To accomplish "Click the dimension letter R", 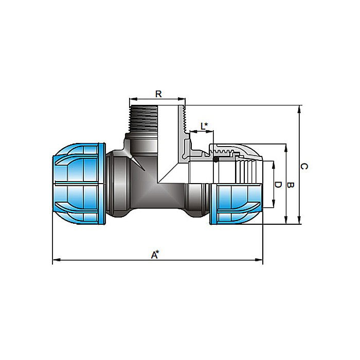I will (x=158, y=94).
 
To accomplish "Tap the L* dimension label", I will (x=204, y=125).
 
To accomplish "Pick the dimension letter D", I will (x=278, y=185).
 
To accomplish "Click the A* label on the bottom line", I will (x=154, y=255).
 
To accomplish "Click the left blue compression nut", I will (x=79, y=184).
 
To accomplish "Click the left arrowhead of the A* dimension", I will (x=55, y=261).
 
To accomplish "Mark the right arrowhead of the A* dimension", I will (x=260, y=261).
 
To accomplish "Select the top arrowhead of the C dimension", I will (x=299, y=107).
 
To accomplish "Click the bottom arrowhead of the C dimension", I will (x=299, y=222).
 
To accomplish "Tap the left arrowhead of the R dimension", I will (x=131, y=100).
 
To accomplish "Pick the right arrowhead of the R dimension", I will (x=183, y=100).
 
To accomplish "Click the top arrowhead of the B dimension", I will (x=286, y=147).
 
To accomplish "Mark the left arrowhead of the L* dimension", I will (x=192, y=132).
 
